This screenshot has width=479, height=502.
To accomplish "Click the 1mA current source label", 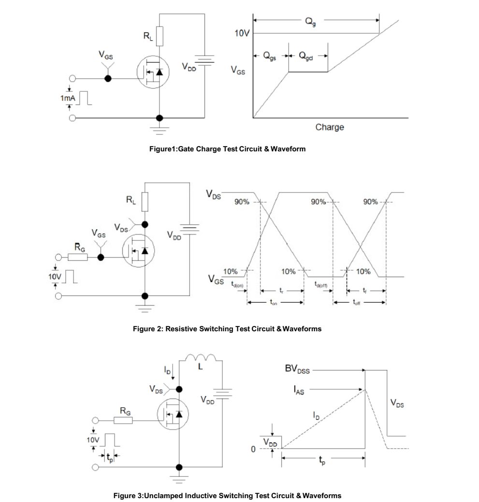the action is tap(68, 98).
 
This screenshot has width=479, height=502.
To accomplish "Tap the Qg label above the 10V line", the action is tap(310, 22).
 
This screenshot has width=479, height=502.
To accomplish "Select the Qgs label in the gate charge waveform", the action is tap(269, 56).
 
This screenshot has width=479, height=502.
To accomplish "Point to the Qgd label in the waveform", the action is tap(305, 56).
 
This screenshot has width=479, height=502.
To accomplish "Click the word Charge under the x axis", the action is tap(330, 127).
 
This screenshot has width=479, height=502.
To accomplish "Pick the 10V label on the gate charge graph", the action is tap(242, 33).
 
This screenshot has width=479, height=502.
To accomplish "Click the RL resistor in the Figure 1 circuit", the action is tap(160, 36).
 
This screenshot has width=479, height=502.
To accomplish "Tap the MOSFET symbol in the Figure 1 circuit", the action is tap(153, 72).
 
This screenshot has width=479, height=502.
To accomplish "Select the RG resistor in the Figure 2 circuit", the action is tap(77, 257).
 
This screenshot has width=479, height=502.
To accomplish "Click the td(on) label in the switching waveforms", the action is tap(237, 284).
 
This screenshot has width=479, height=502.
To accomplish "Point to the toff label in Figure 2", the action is tap(356, 302).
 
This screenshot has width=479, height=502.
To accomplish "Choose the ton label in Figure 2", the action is tap(273, 302).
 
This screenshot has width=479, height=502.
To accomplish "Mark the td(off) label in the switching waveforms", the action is tap(321, 284).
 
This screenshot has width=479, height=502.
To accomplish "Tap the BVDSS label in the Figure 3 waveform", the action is tap(297, 369).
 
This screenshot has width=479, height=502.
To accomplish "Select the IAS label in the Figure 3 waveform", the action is tap(299, 390).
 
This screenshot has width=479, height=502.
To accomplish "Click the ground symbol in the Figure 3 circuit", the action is tap(179, 478).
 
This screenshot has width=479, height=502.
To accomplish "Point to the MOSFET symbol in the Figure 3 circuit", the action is tap(173, 414).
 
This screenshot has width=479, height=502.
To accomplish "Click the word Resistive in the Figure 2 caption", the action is tap(181, 329).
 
